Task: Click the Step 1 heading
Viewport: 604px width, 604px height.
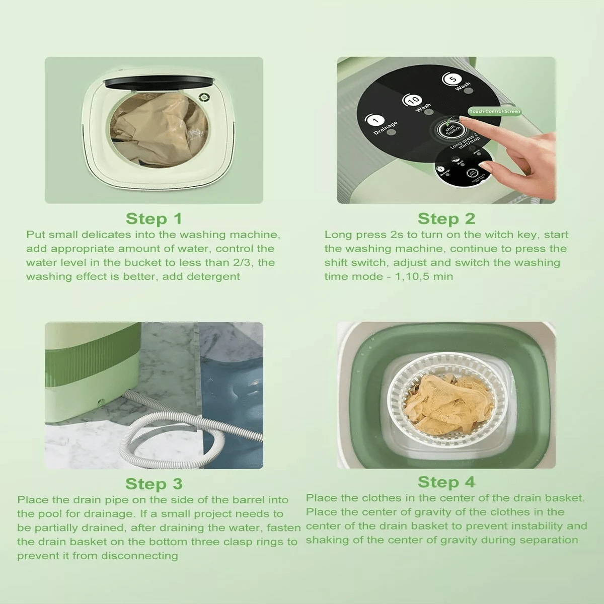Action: (154, 219)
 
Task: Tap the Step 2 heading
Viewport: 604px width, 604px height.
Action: (446, 219)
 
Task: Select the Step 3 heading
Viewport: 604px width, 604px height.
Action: (154, 484)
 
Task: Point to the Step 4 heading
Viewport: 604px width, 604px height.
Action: (446, 482)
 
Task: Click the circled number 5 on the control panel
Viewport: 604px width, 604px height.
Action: (451, 80)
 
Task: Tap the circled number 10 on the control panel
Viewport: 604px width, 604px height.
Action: (413, 100)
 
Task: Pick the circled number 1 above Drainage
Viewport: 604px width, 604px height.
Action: (375, 120)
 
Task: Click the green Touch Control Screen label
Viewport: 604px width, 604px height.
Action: (494, 111)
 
